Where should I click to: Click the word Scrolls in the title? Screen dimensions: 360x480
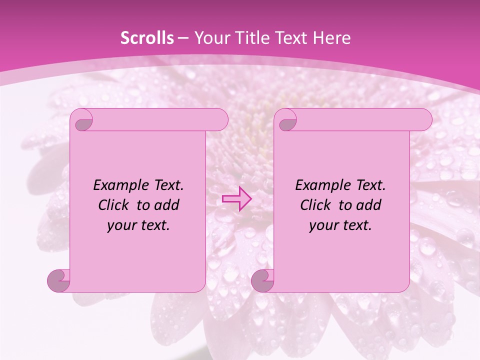point(147,38)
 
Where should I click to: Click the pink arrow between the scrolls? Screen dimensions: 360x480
point(236,198)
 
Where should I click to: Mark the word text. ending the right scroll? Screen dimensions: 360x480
point(356,225)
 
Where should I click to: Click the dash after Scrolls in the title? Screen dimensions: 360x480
point(182,38)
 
